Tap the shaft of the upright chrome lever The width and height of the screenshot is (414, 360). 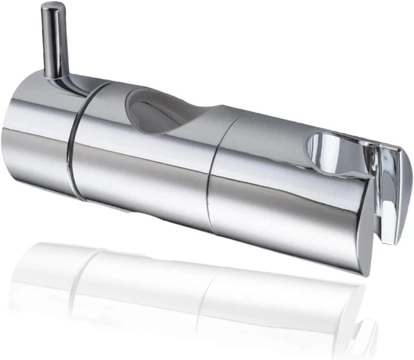(56, 39)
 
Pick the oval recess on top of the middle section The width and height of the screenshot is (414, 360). (155, 110)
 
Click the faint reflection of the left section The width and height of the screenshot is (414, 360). (45, 265)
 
